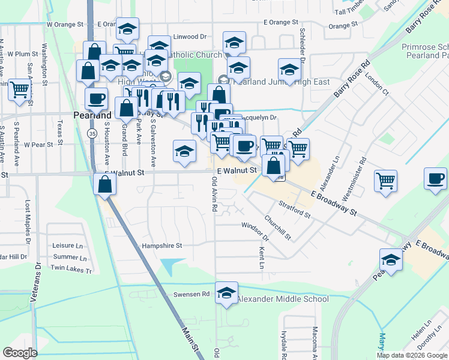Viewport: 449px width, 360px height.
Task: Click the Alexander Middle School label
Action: (x=283, y=299)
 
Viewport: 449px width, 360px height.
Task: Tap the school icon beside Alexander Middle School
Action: (x=226, y=293)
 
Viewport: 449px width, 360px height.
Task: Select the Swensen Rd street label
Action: (x=191, y=295)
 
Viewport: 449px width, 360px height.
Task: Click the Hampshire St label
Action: (x=161, y=245)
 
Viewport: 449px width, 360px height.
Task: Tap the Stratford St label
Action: (x=294, y=210)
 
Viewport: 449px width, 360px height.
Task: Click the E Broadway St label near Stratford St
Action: (x=333, y=204)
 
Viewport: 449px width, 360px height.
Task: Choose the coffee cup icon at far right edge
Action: (x=435, y=178)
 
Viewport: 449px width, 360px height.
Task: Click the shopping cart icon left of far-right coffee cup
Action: (x=385, y=181)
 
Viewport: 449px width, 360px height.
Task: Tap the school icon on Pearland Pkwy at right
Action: (x=391, y=260)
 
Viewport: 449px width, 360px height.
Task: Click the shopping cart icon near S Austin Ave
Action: (x=19, y=90)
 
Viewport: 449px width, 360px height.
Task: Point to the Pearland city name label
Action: (x=92, y=115)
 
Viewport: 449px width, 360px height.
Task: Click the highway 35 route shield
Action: (x=91, y=133)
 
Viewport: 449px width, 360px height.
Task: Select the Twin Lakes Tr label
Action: (x=72, y=271)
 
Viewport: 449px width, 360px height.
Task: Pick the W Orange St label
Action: (x=64, y=25)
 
